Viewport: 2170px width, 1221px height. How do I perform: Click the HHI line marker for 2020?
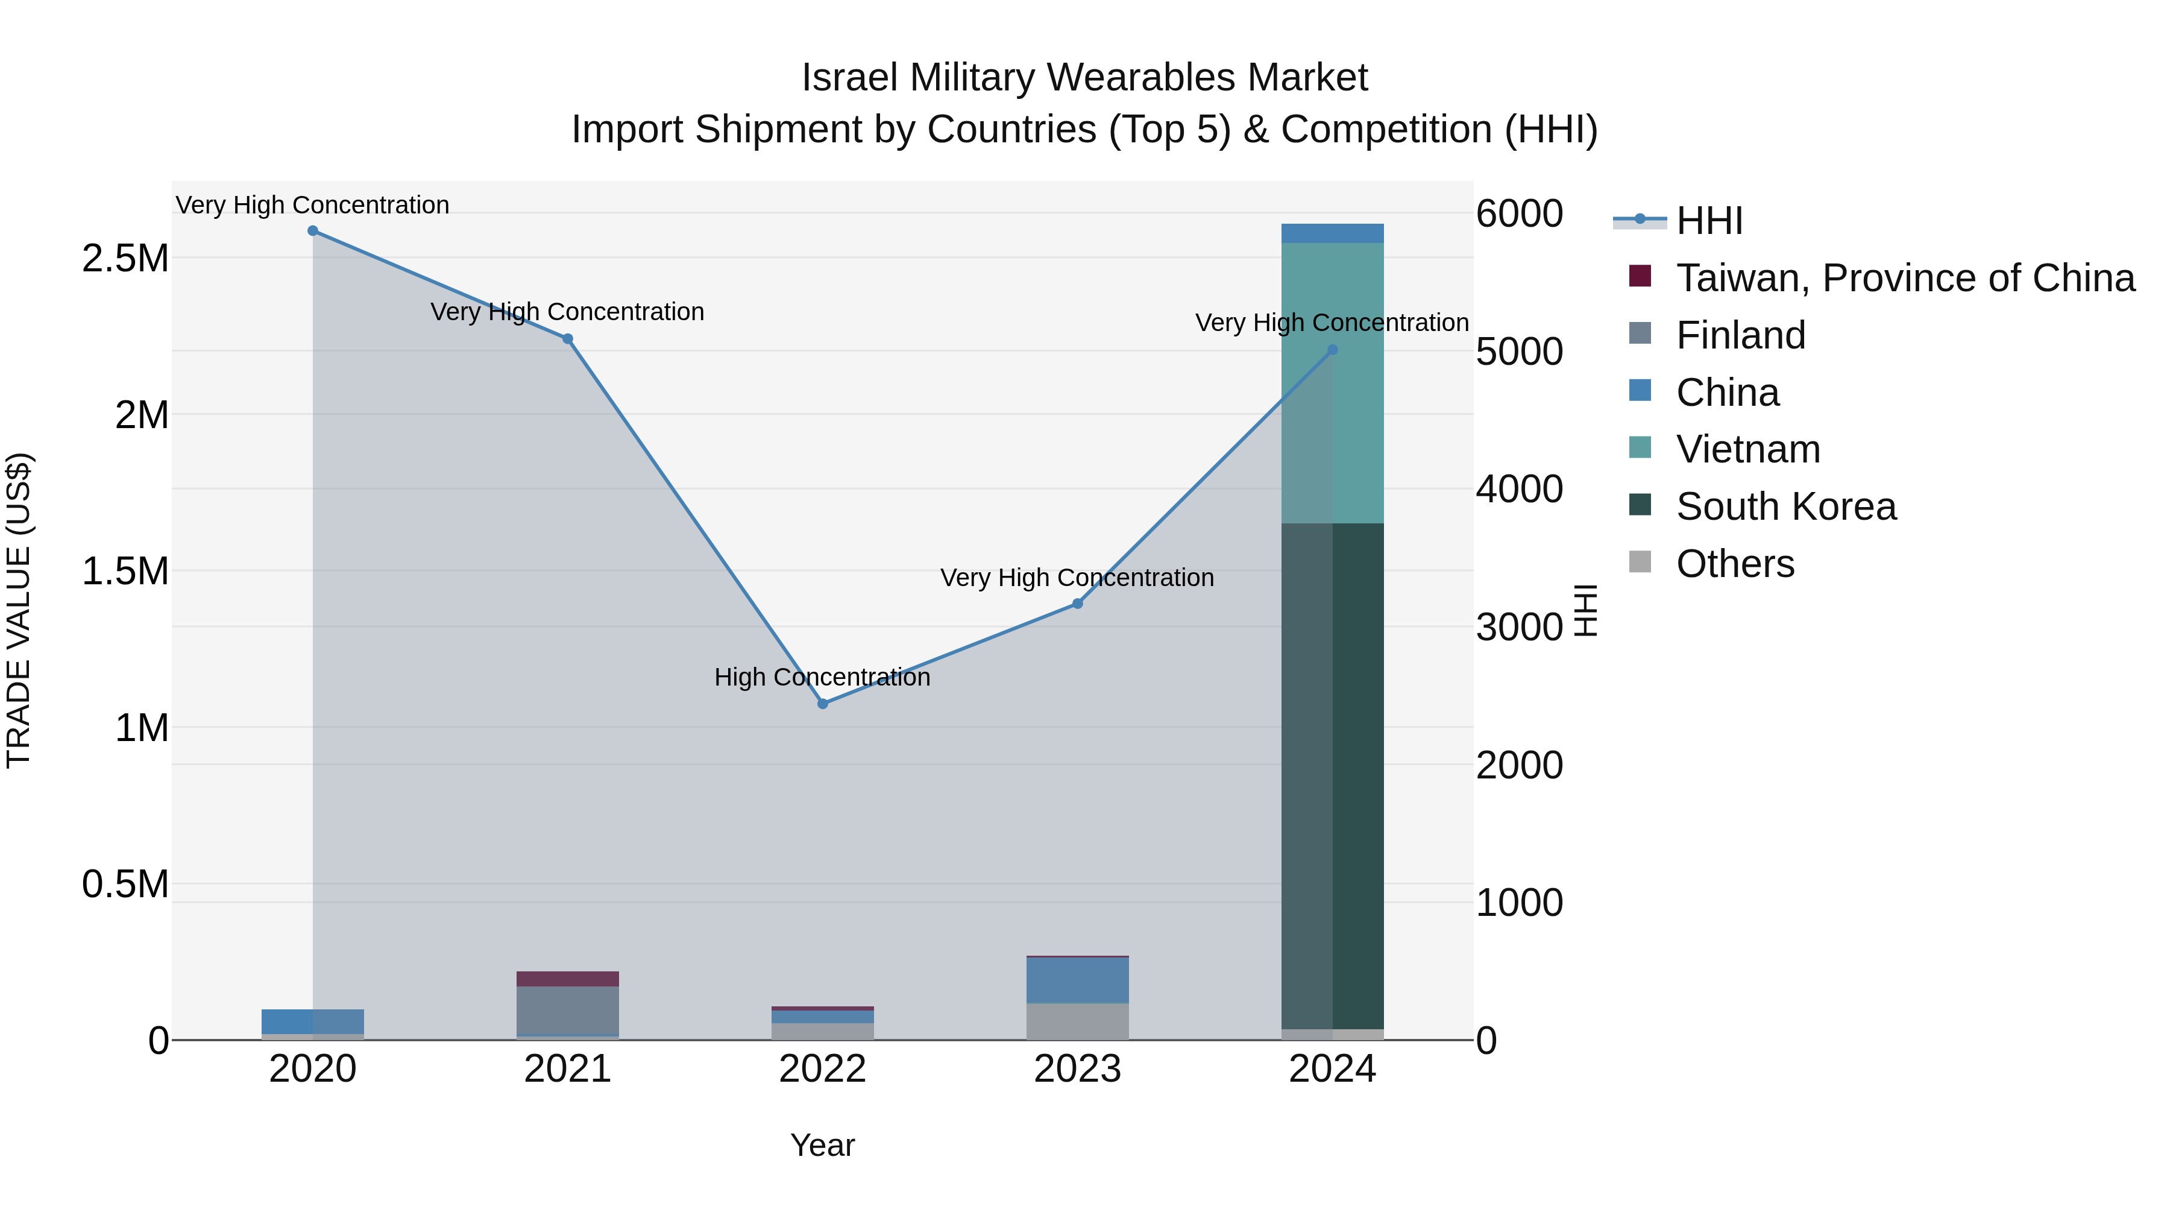pos(312,231)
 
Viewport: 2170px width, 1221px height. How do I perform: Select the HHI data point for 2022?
pos(823,704)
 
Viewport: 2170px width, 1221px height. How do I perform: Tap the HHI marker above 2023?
pos(1077,604)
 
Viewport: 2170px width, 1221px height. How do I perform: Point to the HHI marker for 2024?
pos(1332,350)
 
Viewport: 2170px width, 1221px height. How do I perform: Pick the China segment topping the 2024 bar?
pos(1332,233)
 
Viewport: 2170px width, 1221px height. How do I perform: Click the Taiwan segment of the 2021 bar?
pos(567,979)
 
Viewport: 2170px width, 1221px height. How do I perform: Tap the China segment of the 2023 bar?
pos(1077,980)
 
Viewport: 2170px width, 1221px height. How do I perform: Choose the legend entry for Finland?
pos(1740,335)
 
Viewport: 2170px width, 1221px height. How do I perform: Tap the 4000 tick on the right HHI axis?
pos(1519,489)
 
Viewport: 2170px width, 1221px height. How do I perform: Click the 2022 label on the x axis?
pos(823,1069)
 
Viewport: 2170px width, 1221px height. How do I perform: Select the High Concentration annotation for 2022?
pos(822,678)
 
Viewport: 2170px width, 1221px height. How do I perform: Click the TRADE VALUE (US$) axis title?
pos(19,610)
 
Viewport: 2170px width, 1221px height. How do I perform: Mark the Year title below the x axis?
pos(822,1145)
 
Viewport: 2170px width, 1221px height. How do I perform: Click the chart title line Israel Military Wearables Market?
pos(1084,78)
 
